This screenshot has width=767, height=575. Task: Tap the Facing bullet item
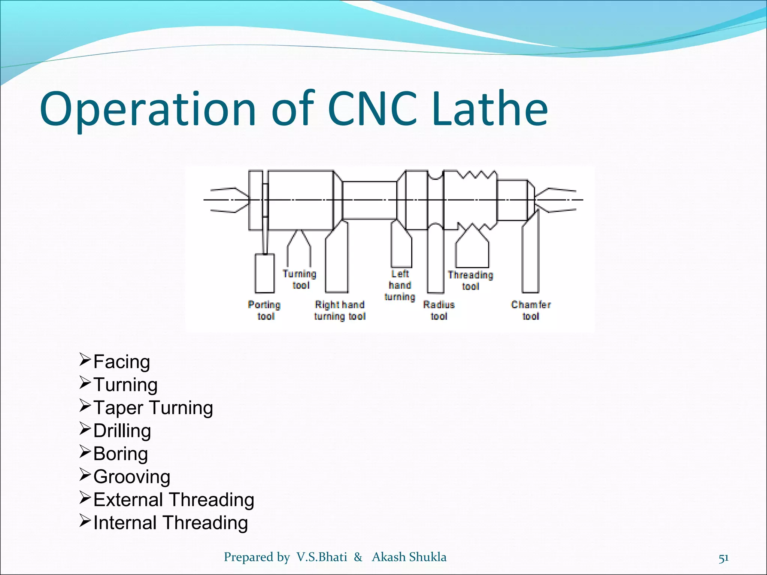coord(121,362)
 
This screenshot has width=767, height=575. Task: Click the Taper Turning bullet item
coord(153,408)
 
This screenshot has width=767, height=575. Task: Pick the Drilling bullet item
coord(122,431)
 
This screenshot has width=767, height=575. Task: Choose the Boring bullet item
coord(120,454)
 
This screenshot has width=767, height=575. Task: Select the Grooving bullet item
coord(131,477)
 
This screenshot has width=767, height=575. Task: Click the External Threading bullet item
coord(173,500)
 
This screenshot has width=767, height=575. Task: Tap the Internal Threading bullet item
coord(170,523)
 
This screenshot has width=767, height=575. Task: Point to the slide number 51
coord(724,558)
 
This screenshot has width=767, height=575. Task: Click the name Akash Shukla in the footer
coord(409,557)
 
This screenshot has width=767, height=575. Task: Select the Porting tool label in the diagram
coord(265,310)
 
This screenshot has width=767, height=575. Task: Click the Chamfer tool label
coord(531,310)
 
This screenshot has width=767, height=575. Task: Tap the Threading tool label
coord(470,280)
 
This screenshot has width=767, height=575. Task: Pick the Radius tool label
coord(439,310)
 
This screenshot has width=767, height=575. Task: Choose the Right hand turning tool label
coord(340,310)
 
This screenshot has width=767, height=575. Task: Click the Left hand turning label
coord(400,285)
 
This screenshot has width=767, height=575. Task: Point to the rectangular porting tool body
coord(264,273)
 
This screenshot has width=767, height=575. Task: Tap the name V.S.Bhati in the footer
coord(322,557)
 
